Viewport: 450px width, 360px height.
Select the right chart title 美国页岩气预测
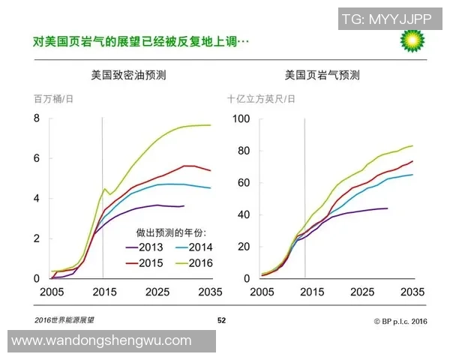(322, 75)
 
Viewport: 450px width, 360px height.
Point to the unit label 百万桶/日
(53, 98)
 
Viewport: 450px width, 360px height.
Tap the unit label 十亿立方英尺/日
(262, 98)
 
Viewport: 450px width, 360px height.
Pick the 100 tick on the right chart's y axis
(240, 118)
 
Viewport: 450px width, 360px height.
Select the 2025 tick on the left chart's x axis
(157, 292)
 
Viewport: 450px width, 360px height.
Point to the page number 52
(221, 320)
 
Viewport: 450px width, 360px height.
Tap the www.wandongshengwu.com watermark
(102, 340)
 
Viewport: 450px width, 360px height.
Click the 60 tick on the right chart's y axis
(243, 182)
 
